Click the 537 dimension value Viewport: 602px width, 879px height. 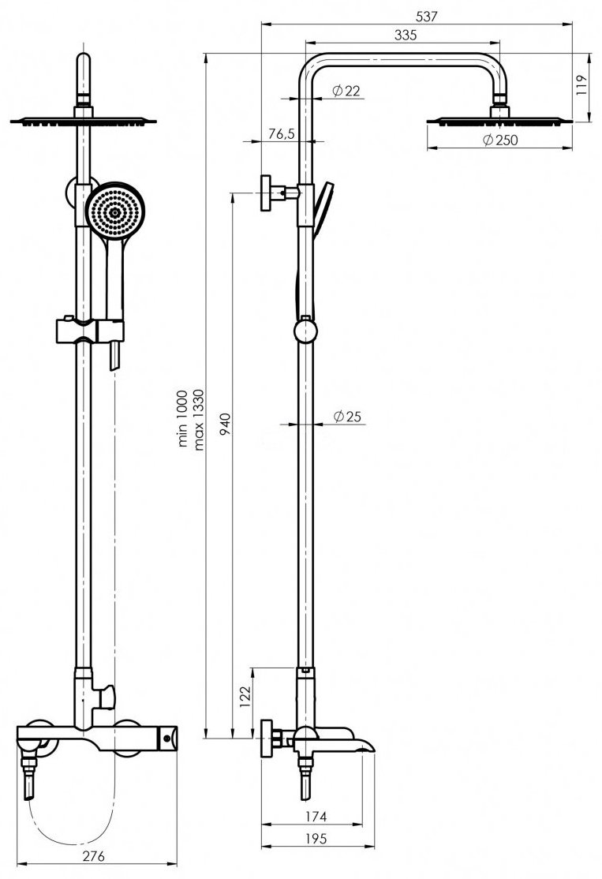click(x=426, y=17)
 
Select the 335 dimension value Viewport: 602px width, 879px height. click(x=406, y=35)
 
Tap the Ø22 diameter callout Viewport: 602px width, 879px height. click(x=346, y=90)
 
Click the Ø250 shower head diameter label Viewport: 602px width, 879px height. click(x=500, y=140)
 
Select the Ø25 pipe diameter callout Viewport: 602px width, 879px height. click(x=347, y=416)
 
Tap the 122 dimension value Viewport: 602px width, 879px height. click(x=245, y=697)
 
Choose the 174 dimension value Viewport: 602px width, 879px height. click(x=316, y=817)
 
